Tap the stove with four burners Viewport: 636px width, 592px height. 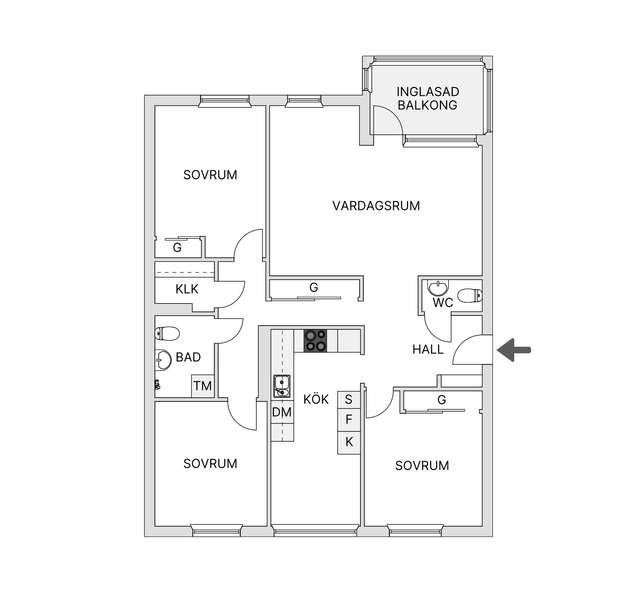click(315, 341)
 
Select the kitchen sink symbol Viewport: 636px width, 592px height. click(282, 386)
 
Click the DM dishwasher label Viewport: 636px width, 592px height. click(282, 412)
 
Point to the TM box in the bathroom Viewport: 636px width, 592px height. click(202, 386)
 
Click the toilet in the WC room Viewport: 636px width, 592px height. click(470, 296)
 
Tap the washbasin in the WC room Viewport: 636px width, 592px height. click(438, 288)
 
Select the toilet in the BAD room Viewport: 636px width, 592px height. click(167, 333)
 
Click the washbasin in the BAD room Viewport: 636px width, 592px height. click(163, 360)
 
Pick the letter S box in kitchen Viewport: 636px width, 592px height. click(348, 400)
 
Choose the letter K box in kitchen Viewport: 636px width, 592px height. click(349, 442)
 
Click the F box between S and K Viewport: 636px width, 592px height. click(348, 420)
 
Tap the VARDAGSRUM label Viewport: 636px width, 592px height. click(376, 206)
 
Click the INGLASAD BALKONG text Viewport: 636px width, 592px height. click(427, 98)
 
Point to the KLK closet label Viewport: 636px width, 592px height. click(187, 289)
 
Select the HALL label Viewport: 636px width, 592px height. click(428, 350)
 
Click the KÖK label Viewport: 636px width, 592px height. click(316, 399)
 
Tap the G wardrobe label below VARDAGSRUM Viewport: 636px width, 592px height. click(314, 288)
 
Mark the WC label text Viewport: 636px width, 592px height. click(443, 303)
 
